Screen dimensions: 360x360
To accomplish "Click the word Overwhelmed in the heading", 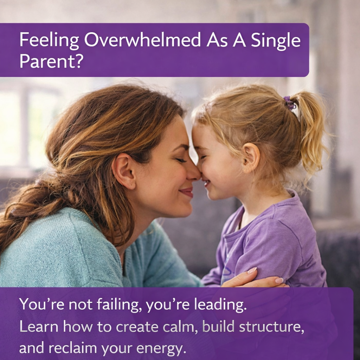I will [x=142, y=40].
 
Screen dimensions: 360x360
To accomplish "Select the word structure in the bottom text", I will [x=271, y=327].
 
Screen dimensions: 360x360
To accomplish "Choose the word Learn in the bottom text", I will [x=38, y=327].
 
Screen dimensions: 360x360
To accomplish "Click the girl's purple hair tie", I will [x=290, y=103].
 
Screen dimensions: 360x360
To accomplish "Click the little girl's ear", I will [x=251, y=157].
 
